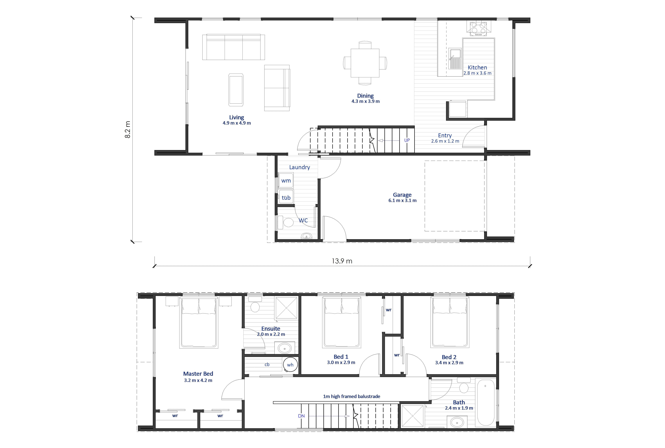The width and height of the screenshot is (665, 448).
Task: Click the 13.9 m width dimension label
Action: click(x=342, y=261)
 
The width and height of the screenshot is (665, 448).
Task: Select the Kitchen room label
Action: click(x=477, y=67)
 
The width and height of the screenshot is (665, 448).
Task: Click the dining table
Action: click(x=365, y=63)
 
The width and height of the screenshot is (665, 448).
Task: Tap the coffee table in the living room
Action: click(x=236, y=90)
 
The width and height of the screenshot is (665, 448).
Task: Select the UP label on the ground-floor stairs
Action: click(x=407, y=140)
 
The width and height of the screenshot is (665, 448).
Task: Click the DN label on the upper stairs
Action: click(x=301, y=416)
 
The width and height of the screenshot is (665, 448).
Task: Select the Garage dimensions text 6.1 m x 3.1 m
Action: click(x=402, y=200)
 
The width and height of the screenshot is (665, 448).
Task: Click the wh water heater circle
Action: click(x=290, y=365)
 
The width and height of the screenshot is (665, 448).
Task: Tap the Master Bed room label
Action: click(x=198, y=374)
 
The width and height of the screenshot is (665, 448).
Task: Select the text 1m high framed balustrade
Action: click(x=352, y=396)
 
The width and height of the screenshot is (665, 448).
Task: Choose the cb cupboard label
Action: click(x=267, y=365)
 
